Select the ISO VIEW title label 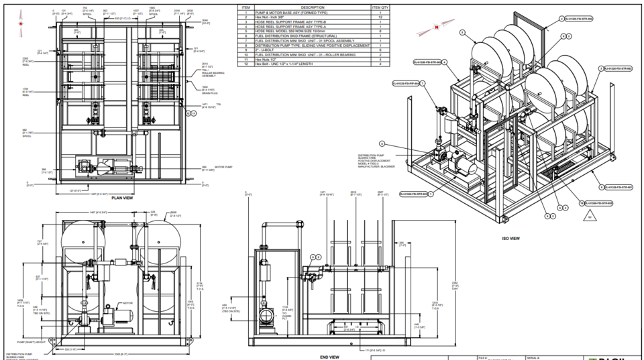click(511, 238)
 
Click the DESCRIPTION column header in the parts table click(312, 7)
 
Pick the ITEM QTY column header click(380, 7)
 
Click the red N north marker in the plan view click(22, 23)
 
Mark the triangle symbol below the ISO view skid click(589, 217)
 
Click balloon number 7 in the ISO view click(431, 194)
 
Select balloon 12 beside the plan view click(193, 114)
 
